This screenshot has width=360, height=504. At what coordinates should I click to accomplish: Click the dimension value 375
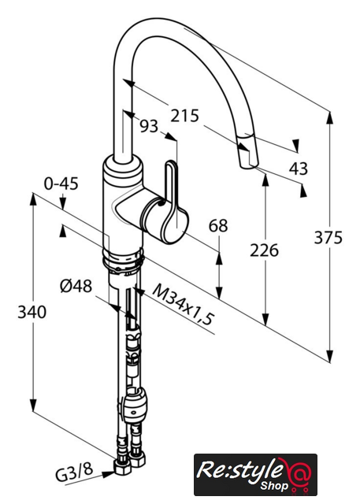coord(328,238)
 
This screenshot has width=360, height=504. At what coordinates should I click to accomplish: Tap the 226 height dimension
coord(264,250)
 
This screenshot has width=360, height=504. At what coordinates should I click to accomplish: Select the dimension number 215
coord(185,116)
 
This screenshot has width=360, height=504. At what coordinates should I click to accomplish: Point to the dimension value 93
coord(149,126)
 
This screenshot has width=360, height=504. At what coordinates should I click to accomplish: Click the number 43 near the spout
coord(299,168)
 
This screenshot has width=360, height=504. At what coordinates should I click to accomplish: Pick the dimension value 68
coord(218,225)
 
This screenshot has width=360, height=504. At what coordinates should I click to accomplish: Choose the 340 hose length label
coord(32,312)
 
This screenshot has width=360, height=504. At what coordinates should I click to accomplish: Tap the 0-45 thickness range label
coord(61,183)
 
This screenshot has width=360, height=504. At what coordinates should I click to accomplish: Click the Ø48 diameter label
coord(76,285)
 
